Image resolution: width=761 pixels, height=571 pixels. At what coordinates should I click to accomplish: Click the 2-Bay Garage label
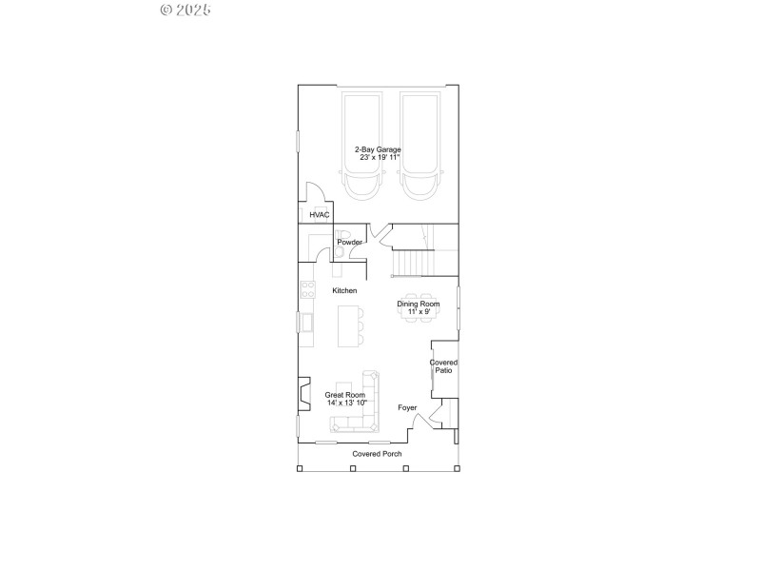[378, 153]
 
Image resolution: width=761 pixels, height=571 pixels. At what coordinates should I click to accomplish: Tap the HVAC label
[319, 215]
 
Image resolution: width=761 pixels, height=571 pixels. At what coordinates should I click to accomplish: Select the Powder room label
[349, 243]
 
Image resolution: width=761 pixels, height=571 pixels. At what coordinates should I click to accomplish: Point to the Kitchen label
[344, 290]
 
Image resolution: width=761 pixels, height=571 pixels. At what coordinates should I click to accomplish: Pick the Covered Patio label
[443, 366]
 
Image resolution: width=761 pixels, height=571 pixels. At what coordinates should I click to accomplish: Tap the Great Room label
[345, 399]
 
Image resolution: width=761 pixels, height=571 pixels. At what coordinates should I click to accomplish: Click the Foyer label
[407, 408]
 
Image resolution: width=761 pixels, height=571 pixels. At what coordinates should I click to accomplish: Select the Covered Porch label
[378, 454]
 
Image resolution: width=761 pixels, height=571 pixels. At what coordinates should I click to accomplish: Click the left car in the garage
[361, 145]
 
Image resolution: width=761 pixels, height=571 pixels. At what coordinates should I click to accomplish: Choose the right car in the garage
[420, 145]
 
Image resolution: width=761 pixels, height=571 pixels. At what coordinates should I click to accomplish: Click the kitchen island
[349, 325]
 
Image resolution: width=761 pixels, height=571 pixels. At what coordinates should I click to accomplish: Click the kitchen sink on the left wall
[308, 325]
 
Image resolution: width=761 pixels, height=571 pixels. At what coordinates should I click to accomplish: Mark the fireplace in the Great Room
[303, 392]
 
